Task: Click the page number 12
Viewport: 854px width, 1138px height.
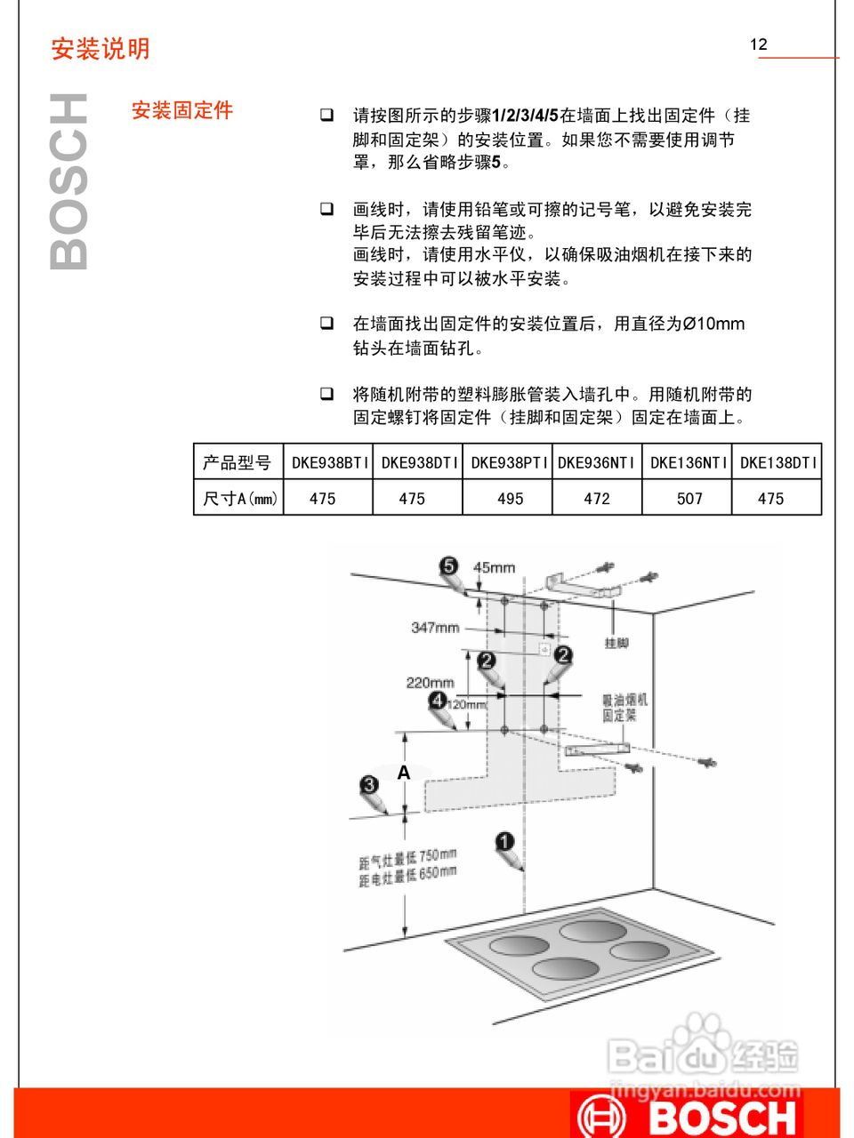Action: click(x=758, y=44)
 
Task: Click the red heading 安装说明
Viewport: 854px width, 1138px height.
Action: click(x=101, y=49)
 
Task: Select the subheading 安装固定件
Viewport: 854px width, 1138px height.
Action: click(x=182, y=110)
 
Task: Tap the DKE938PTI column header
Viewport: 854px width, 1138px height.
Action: click(x=509, y=463)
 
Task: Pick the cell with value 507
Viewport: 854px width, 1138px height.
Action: click(x=689, y=499)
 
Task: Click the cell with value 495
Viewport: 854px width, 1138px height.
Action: click(x=510, y=499)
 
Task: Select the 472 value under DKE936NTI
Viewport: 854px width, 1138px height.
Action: click(x=597, y=499)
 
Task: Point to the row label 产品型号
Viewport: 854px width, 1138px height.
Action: click(x=237, y=463)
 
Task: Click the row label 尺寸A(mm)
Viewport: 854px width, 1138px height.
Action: click(x=239, y=499)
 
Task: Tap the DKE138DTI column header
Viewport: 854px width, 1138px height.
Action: click(x=777, y=463)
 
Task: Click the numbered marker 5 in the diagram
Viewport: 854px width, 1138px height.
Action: click(x=448, y=566)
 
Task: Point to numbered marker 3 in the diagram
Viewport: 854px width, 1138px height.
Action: click(x=369, y=785)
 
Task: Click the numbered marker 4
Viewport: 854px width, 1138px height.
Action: click(x=438, y=701)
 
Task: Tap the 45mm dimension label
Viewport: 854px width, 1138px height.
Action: click(x=494, y=567)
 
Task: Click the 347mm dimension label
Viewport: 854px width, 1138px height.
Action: click(x=435, y=628)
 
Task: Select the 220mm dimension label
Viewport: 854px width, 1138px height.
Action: click(x=430, y=683)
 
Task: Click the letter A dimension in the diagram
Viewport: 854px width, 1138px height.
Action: click(x=403, y=773)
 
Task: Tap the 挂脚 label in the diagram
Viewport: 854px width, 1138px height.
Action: click(x=616, y=643)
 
